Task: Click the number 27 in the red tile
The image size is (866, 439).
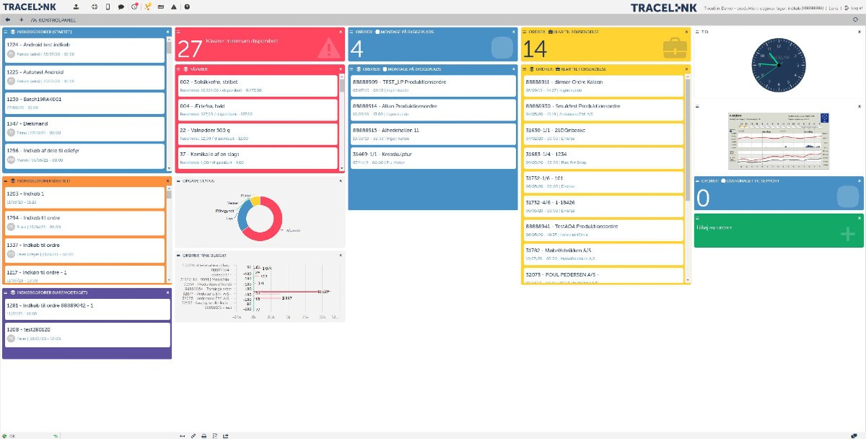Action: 190,48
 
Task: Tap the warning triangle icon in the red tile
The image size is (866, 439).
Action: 328,48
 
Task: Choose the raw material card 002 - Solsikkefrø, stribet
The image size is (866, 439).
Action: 257,86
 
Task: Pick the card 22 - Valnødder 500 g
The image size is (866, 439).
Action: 257,134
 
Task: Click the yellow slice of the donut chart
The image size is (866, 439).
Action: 256,199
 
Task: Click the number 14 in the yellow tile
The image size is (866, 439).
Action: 535,48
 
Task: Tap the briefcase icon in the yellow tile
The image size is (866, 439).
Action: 673,48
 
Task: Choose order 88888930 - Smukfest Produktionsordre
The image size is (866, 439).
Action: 603,110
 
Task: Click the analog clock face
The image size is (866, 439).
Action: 777,64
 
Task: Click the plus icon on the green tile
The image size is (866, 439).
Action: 848,233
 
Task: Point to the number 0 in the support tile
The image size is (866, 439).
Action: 703,198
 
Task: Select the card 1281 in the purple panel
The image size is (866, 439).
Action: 87,308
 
